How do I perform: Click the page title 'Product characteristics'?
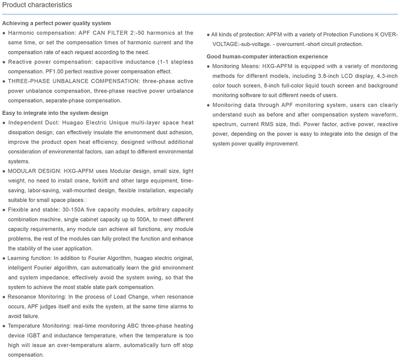pos(37,5)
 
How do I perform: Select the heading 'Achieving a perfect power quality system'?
pos(57,23)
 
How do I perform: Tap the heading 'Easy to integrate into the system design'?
pos(55,113)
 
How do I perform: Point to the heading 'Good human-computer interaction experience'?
pos(267,57)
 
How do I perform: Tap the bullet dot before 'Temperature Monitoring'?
pos(4,326)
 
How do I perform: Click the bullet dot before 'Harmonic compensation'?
pos(4,33)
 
